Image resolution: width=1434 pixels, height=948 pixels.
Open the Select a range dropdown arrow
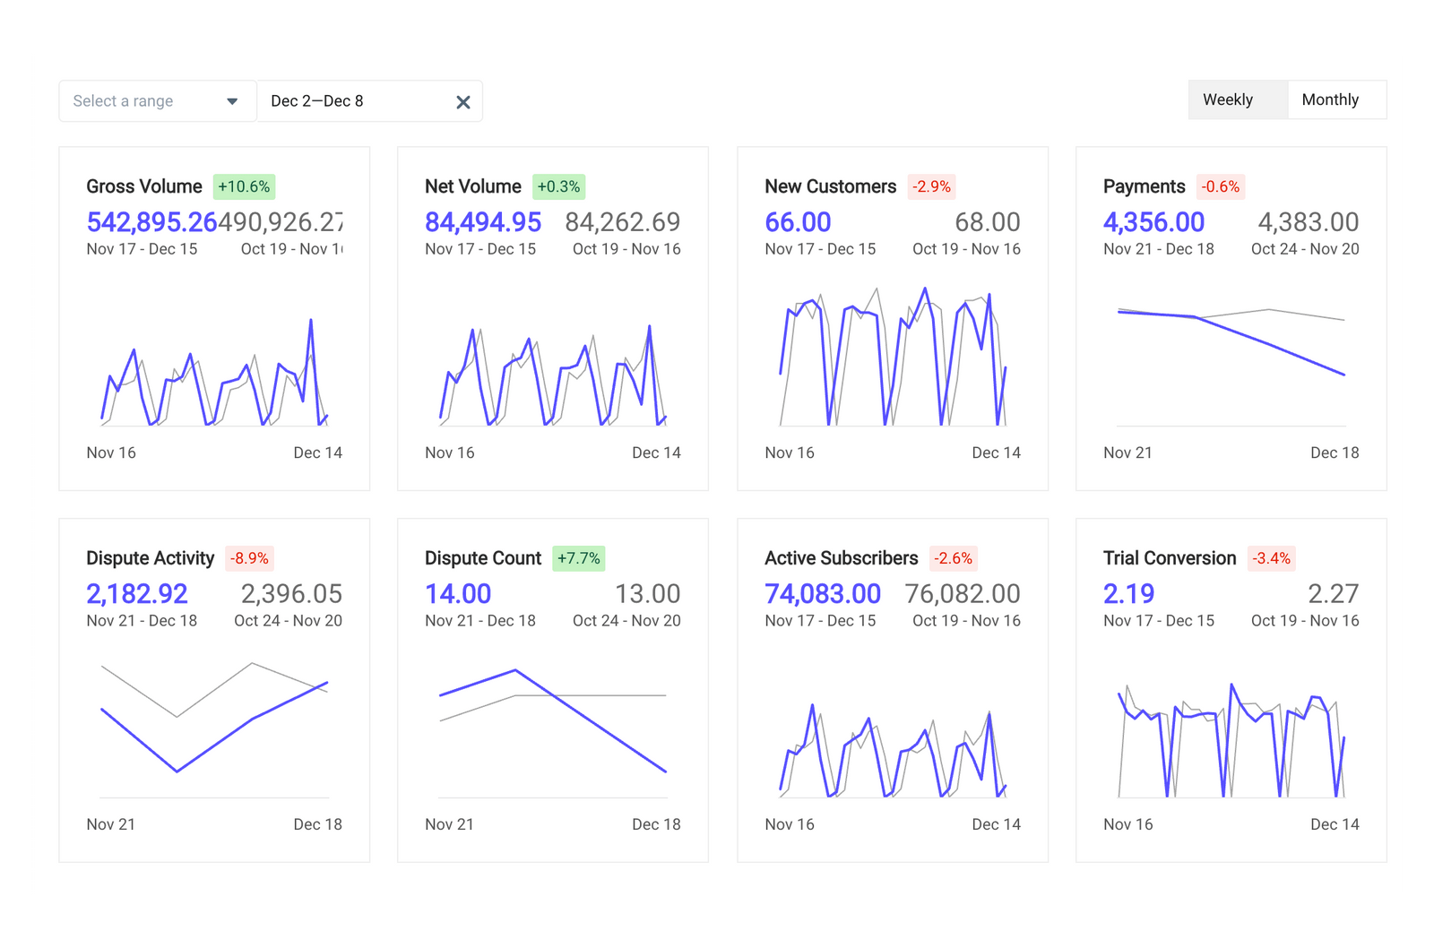click(232, 101)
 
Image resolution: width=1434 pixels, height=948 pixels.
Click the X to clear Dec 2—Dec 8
click(463, 102)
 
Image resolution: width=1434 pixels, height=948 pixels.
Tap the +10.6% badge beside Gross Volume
click(244, 186)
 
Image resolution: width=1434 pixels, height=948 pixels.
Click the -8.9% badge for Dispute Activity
click(249, 558)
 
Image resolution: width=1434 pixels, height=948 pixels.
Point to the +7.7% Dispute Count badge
click(579, 558)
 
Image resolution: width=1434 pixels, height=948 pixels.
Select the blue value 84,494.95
click(483, 222)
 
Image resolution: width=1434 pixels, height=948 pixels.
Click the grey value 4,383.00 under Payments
click(1308, 222)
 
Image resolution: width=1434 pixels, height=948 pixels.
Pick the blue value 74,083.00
click(823, 594)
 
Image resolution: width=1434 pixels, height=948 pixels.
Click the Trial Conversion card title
click(1170, 558)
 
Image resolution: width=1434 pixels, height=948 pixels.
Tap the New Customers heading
click(830, 186)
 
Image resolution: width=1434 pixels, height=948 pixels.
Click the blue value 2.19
click(1128, 594)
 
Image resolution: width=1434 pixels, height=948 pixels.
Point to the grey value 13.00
click(647, 594)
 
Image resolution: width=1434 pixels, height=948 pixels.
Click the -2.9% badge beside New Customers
click(931, 186)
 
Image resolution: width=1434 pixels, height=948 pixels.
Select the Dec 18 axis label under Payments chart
click(1334, 453)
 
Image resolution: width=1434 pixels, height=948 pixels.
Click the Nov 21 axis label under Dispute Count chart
click(449, 824)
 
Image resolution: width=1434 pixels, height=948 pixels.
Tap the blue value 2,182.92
click(137, 594)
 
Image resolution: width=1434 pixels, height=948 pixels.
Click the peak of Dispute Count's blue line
click(515, 670)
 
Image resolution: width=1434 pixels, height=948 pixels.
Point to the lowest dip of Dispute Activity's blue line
click(177, 771)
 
